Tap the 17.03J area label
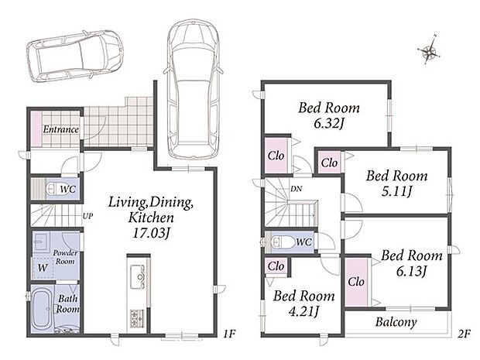point(151,233)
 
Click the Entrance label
point(60,129)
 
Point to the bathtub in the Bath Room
point(41,309)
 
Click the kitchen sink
point(137,277)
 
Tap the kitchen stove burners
point(137,318)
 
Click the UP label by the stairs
point(87,216)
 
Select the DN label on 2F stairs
point(296,189)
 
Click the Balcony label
point(396,322)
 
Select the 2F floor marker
point(464,334)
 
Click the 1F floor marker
point(229,334)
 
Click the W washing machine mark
point(43,268)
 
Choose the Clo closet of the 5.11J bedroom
point(329,163)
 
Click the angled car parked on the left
point(74,56)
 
